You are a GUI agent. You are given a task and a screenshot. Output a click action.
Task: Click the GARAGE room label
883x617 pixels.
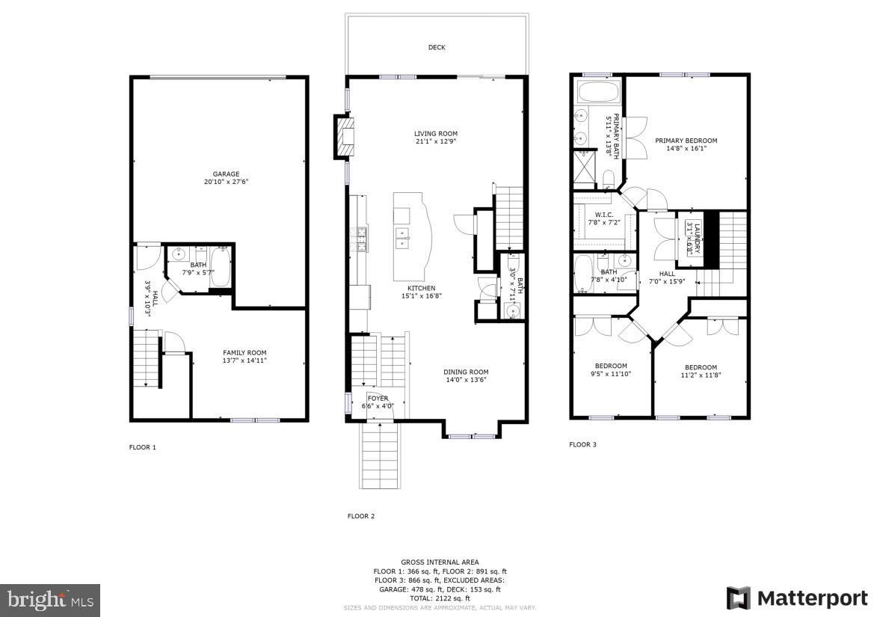[x=225, y=174]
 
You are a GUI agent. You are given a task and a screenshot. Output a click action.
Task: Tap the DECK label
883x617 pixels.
[x=437, y=48]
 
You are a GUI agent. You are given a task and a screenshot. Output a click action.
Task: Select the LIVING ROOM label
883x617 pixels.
[x=436, y=134]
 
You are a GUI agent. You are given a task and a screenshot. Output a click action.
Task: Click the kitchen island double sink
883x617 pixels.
[x=403, y=239]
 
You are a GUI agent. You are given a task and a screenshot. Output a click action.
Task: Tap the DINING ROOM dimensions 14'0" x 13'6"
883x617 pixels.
[x=466, y=380]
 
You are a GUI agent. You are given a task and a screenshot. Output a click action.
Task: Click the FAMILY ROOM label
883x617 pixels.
[x=244, y=353]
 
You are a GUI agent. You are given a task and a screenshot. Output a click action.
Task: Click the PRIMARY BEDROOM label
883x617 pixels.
[x=686, y=141]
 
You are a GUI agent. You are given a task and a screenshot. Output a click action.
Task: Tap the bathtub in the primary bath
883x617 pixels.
[x=598, y=94]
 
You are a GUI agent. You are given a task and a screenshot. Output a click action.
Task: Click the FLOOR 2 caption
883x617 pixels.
[x=361, y=516]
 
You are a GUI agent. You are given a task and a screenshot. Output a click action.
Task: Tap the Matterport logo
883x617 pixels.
[x=797, y=598]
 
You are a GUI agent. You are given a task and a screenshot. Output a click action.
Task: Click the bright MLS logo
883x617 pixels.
[x=50, y=600]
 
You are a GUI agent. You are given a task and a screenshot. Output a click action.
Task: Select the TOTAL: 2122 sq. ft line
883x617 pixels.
[x=440, y=598]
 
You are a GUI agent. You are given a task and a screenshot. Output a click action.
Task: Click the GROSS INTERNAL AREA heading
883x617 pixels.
[x=440, y=562]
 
